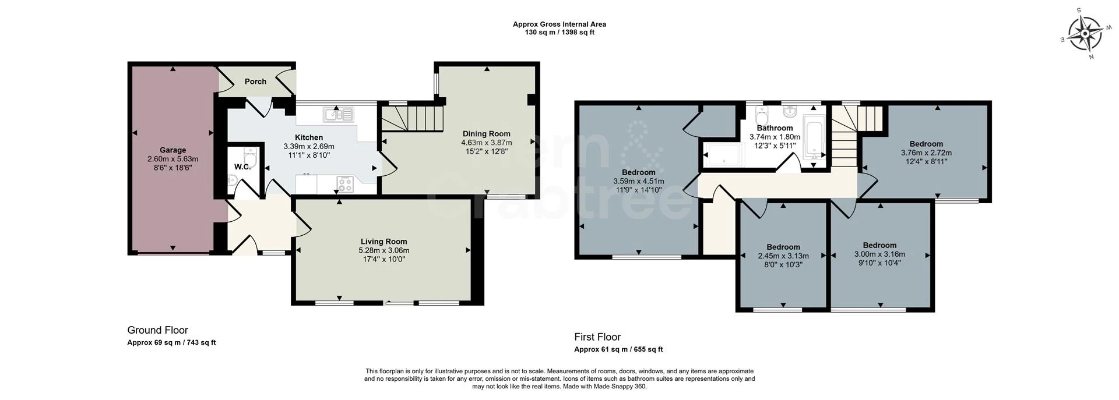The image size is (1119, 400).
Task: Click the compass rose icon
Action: point(1084,34)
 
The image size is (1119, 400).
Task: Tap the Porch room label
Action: point(255,82)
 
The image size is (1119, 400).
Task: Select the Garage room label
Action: point(173,150)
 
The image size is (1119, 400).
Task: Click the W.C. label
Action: point(242,167)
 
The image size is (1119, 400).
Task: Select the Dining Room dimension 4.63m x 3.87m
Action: point(486,143)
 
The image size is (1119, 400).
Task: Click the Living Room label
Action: point(383,242)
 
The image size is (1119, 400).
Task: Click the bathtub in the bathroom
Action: point(813,138)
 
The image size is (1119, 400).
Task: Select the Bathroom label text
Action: point(775,128)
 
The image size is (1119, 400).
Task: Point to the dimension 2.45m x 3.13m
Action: point(783,256)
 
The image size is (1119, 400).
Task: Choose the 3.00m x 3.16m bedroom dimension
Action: point(879,254)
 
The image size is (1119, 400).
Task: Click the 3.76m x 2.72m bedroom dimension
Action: point(926,153)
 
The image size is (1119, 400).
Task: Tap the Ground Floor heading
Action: point(157,330)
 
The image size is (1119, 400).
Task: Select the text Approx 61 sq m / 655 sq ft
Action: point(618,349)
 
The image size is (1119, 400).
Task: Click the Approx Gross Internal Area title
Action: point(559,24)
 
